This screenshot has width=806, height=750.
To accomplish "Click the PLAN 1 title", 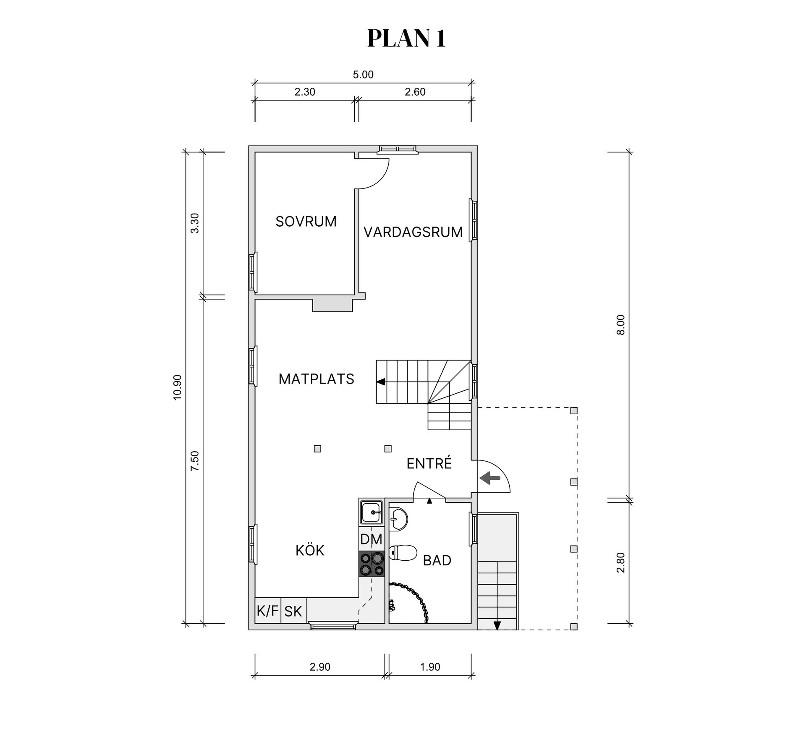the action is pyautogui.click(x=406, y=39).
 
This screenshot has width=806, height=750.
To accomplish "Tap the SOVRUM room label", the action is pyautogui.click(x=306, y=222).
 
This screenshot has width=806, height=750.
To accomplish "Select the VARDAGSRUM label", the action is pyautogui.click(x=413, y=232).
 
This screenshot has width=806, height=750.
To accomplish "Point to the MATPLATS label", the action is pyautogui.click(x=317, y=379).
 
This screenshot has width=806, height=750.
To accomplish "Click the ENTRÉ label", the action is pyautogui.click(x=429, y=463).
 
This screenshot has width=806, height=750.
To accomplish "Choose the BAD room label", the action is pyautogui.click(x=437, y=560).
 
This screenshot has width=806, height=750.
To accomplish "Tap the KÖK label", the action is pyautogui.click(x=310, y=550).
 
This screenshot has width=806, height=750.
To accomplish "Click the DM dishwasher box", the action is pyautogui.click(x=372, y=539).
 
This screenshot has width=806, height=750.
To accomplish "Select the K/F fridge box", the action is pyautogui.click(x=268, y=611).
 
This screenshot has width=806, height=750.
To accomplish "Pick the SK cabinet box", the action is pyautogui.click(x=293, y=611).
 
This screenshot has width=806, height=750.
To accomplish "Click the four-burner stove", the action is pyautogui.click(x=372, y=564).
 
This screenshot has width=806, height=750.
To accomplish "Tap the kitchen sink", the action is pyautogui.click(x=372, y=512).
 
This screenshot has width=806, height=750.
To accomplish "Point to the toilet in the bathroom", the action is pyautogui.click(x=403, y=552).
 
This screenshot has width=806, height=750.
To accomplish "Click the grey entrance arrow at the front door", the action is pyautogui.click(x=490, y=478).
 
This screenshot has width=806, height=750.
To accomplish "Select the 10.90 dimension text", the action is pyautogui.click(x=178, y=387).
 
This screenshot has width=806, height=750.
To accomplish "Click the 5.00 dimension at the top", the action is pyautogui.click(x=363, y=75).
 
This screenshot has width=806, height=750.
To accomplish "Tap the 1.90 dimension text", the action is pyautogui.click(x=430, y=667).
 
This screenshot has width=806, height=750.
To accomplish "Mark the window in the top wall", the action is pyautogui.click(x=397, y=149).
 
